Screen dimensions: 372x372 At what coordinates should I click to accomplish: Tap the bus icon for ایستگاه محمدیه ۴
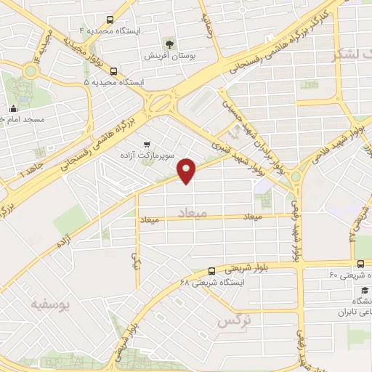coord(110,20)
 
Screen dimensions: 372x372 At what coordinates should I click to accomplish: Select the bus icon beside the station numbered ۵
coord(114,71)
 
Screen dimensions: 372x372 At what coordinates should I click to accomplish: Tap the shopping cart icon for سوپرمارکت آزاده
coord(147,144)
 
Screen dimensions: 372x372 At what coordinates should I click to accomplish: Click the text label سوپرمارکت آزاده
coord(145,156)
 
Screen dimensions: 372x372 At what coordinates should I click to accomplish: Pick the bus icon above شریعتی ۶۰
coord(360,264)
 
